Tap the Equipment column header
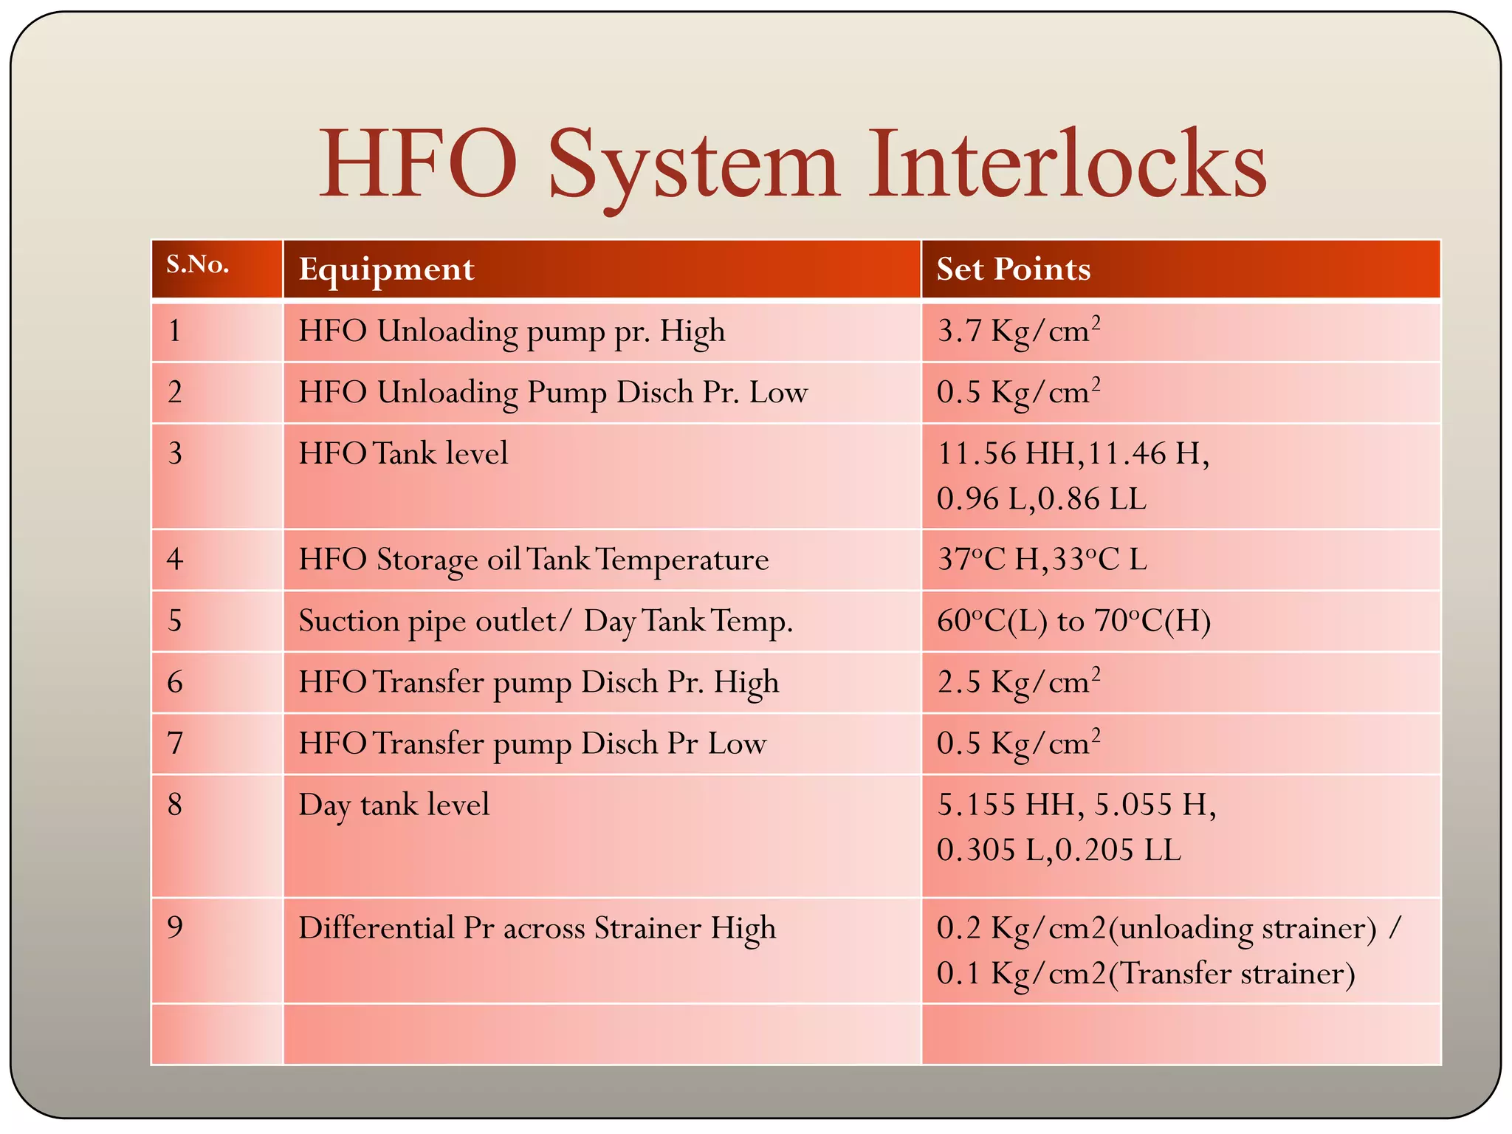coord(386,269)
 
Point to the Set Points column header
coord(1013,269)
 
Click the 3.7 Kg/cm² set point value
coord(1018,331)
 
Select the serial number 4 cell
coord(175,560)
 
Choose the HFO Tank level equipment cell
coord(403,453)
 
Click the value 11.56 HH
coord(1006,453)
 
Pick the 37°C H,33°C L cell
coord(1042,560)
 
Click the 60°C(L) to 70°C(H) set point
coord(1073,621)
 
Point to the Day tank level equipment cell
coord(394,805)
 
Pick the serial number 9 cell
coord(175,928)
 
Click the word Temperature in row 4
coord(681,560)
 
